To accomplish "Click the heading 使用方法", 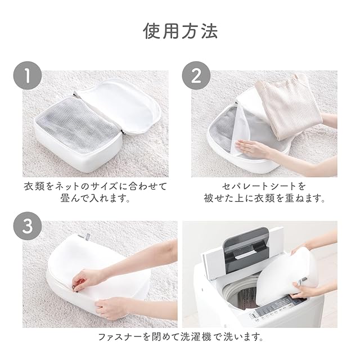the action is click(x=181, y=31).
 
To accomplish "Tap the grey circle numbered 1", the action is click(x=28, y=75).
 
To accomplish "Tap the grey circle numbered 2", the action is click(x=196, y=75).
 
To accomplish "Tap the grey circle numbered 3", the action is click(x=28, y=226).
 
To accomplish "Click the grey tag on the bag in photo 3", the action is click(x=88, y=237).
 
